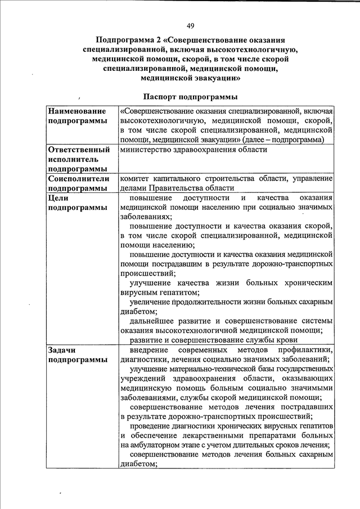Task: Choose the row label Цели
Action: click(59, 198)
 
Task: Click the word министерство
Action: click(148, 150)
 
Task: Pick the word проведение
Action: click(153, 425)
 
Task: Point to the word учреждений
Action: click(143, 378)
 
